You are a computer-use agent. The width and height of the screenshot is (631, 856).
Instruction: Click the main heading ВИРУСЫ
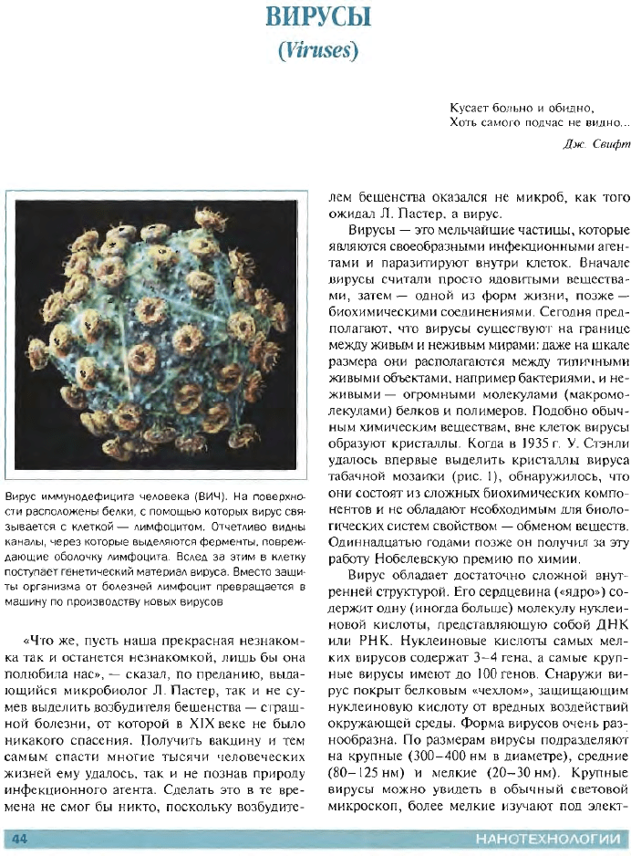coord(315,17)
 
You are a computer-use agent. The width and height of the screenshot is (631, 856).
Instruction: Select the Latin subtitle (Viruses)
coord(315,48)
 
